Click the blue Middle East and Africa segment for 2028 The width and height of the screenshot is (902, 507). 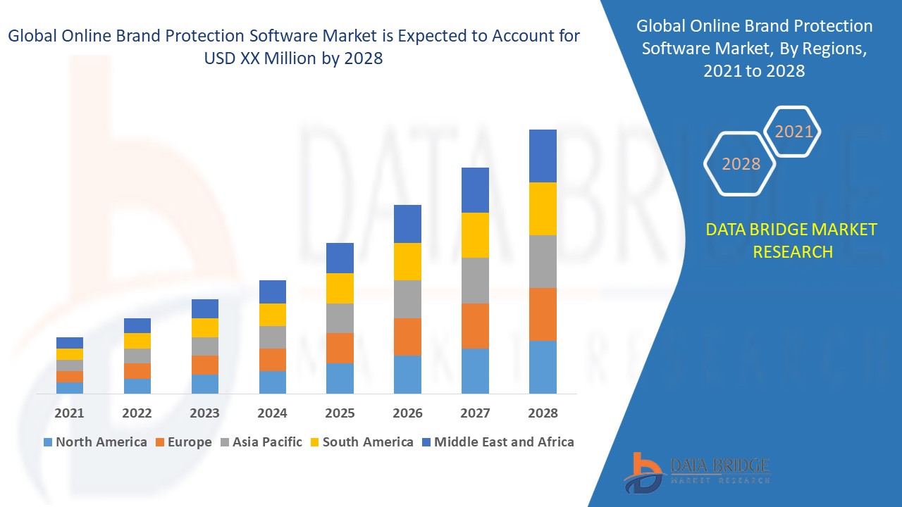(543, 156)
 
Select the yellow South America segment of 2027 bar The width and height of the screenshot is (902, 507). (475, 235)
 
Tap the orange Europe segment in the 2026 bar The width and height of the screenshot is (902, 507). (407, 337)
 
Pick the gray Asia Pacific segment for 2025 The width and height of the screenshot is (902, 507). (340, 318)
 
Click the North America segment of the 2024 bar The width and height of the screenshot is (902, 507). (273, 382)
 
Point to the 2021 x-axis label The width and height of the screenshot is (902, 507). (69, 413)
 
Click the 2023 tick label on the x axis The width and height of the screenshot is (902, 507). (204, 413)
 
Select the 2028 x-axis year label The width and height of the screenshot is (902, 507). (543, 413)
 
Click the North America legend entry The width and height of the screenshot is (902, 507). (95, 442)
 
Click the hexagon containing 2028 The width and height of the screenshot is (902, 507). (741, 164)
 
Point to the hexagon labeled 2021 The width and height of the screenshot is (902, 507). (793, 132)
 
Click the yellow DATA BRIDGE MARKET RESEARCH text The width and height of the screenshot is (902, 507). (792, 240)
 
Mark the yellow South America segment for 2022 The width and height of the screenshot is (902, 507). (137, 341)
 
